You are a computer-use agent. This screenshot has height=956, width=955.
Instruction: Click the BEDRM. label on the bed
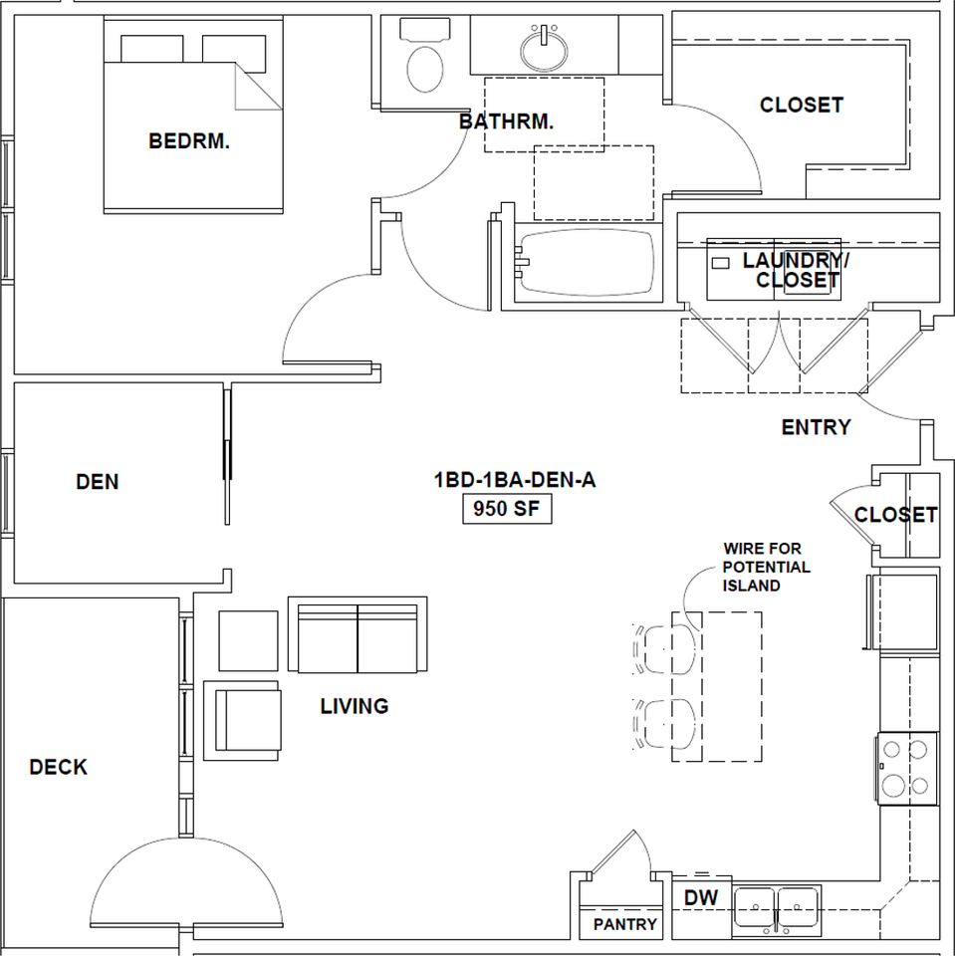(x=189, y=141)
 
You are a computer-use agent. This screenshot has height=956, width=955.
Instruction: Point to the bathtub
(x=588, y=263)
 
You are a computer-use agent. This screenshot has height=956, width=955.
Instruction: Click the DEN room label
(x=98, y=482)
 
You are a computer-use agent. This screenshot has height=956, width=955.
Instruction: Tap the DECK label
(x=59, y=767)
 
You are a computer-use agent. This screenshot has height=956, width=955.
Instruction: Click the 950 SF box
(x=508, y=509)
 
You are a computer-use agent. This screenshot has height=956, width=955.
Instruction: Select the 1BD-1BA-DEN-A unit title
(x=515, y=480)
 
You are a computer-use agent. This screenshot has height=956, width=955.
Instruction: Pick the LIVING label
(x=355, y=706)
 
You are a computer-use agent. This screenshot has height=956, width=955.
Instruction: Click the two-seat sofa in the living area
(x=358, y=634)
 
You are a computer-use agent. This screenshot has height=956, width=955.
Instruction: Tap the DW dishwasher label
(x=701, y=897)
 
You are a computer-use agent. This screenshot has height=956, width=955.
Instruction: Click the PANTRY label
(x=625, y=925)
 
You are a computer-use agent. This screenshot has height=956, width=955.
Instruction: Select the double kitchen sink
(x=777, y=910)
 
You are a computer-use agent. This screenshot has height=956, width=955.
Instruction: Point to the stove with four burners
(x=907, y=768)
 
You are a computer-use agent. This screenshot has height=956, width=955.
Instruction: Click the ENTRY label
(x=816, y=427)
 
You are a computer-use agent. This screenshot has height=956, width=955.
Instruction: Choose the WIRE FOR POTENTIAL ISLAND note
(x=767, y=567)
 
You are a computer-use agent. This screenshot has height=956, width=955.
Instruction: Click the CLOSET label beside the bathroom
(x=802, y=105)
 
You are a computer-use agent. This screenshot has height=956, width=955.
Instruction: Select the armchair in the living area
(x=242, y=721)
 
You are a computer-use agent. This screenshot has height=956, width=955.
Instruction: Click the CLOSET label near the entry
(x=896, y=515)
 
